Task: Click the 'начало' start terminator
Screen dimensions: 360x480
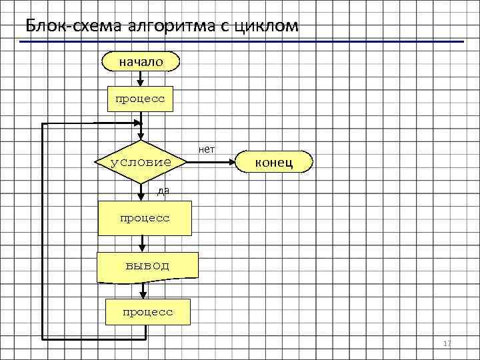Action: (x=140, y=61)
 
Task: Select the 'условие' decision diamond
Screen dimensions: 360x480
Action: (x=141, y=162)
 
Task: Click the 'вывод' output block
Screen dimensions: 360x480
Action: (x=147, y=267)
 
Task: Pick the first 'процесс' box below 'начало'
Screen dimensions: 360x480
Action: (x=140, y=98)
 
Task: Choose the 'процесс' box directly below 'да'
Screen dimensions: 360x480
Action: (x=145, y=219)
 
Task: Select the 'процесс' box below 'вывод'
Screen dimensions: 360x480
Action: (x=147, y=311)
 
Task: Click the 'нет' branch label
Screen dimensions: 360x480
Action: (x=207, y=149)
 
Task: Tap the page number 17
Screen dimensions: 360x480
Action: (x=447, y=343)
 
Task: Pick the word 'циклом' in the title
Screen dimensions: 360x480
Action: (x=263, y=26)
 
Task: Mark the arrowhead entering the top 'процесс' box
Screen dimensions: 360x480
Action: (x=140, y=82)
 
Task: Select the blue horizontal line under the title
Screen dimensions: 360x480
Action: (x=240, y=41)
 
